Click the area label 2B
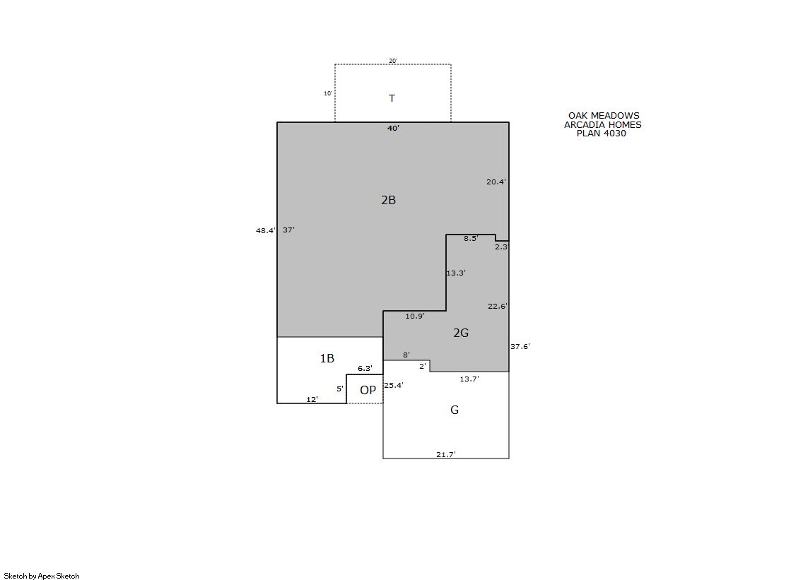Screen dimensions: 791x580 (x=389, y=200)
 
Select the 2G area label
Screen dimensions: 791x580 (x=461, y=333)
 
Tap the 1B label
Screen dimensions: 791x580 (x=327, y=358)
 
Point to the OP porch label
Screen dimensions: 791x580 (x=368, y=390)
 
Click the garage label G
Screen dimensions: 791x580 (x=455, y=410)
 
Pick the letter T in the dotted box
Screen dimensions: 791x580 (x=392, y=98)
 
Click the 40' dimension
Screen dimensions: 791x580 (x=394, y=128)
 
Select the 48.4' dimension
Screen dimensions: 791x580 (x=266, y=230)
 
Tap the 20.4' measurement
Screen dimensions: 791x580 (x=496, y=182)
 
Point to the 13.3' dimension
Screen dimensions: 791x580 (x=455, y=273)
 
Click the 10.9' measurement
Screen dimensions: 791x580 (x=415, y=316)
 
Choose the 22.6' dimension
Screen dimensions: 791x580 (x=498, y=306)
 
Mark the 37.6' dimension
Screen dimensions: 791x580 (x=520, y=346)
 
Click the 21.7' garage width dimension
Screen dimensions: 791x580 (x=446, y=454)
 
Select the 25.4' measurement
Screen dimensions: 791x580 (x=394, y=385)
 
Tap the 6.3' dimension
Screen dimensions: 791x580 (x=365, y=369)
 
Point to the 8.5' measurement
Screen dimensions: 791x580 (x=471, y=239)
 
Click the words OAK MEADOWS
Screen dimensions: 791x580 (x=604, y=115)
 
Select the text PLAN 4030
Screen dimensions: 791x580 (x=602, y=133)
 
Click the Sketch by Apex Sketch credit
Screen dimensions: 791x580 (x=42, y=576)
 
